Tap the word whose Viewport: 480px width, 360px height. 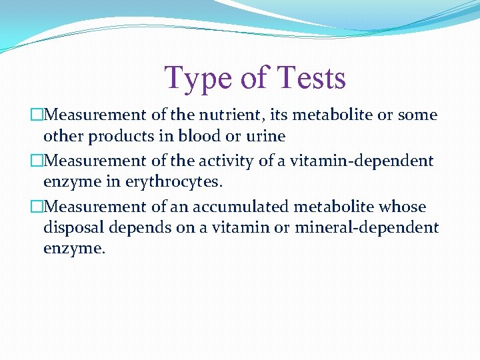pos(402,207)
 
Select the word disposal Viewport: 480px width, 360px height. pos(75,228)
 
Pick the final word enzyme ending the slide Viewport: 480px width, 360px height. pos(73,250)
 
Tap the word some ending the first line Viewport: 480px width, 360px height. pos(417,115)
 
